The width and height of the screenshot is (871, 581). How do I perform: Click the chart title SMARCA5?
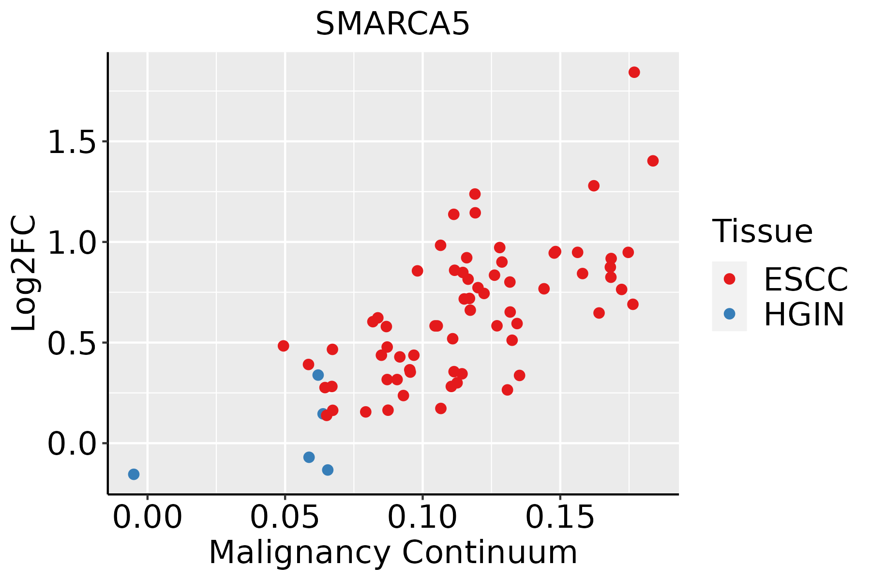coord(392,24)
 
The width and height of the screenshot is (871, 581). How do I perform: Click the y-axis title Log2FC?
coord(24,273)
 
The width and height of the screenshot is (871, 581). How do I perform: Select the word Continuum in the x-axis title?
coord(490,552)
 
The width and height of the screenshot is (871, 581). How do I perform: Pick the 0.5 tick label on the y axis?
coord(72,343)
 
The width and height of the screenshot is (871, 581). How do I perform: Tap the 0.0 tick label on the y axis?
coord(72,443)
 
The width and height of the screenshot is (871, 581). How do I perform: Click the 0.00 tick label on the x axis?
coord(148,518)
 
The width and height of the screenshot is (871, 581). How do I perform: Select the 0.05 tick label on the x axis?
coord(285,518)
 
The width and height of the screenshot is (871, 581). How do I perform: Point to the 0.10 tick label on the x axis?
coord(422,518)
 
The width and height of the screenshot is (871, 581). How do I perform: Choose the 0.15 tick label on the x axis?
coord(560,518)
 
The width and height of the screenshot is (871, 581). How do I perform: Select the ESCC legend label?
coord(806,279)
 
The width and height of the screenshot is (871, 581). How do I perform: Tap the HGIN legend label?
coord(804,314)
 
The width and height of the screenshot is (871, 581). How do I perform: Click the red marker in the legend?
coord(729,279)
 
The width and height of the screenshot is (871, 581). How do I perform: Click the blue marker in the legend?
coord(729,314)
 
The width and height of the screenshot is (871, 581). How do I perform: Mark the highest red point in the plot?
coord(634,72)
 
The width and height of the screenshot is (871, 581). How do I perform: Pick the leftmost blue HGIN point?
coord(134,474)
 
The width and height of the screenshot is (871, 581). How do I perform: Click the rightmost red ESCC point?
coord(653,161)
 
